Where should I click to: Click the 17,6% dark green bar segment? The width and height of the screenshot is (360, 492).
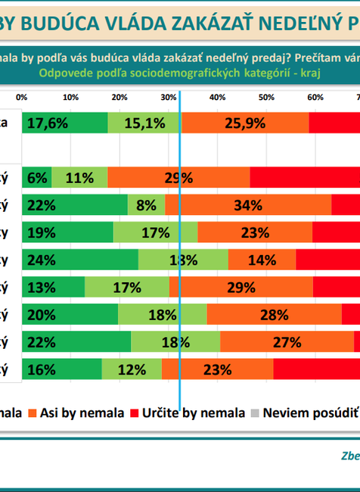point(64,123)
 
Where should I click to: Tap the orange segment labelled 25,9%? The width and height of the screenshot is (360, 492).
point(245,123)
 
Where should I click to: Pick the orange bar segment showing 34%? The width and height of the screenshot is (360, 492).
point(248,205)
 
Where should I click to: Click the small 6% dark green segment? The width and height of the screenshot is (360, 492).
point(37,178)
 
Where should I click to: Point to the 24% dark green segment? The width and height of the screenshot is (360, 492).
point(80,260)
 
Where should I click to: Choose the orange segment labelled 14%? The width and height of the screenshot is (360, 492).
point(262,260)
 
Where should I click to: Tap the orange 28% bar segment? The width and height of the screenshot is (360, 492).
point(274,315)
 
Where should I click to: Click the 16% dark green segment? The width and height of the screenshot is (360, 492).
point(62,369)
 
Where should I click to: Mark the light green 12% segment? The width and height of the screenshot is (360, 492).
point(132,369)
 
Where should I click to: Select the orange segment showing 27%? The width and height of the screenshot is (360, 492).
point(287,342)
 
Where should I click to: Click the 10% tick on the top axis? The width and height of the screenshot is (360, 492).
point(70,98)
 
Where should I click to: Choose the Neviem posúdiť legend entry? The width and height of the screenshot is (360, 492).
point(310,413)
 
